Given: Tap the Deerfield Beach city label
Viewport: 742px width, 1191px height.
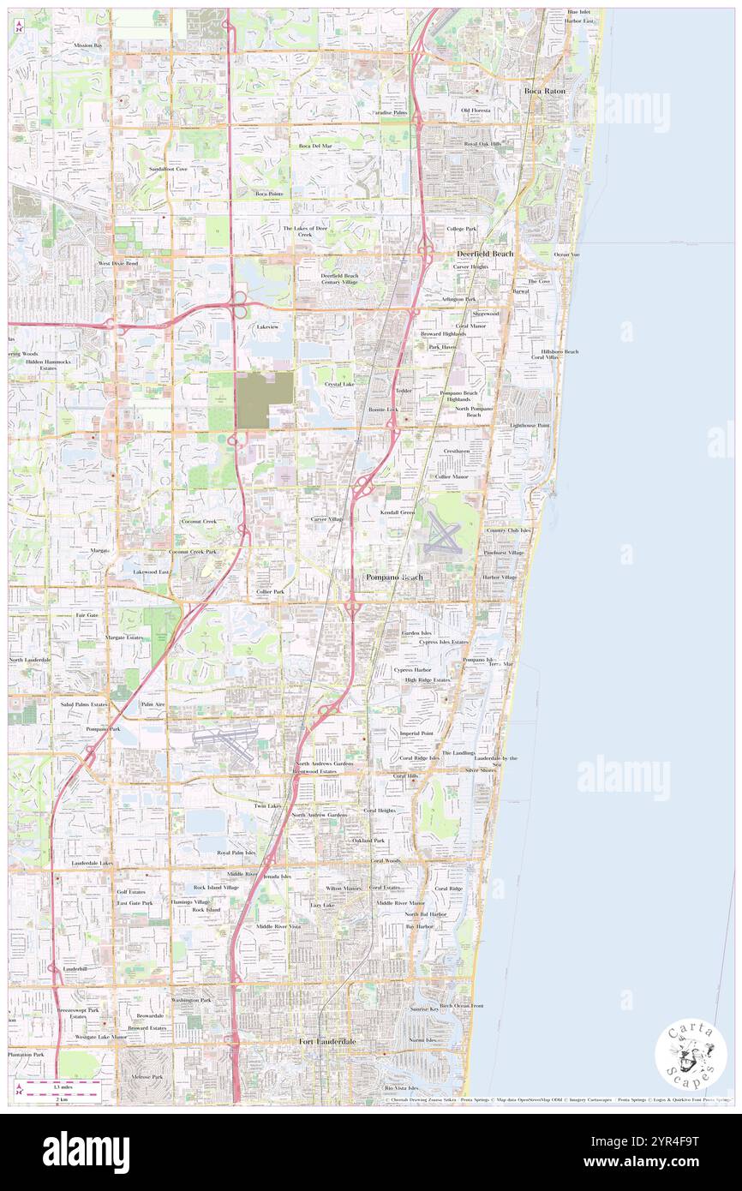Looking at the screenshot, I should (484, 254).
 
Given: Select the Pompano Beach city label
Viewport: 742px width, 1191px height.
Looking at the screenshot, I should (394, 578).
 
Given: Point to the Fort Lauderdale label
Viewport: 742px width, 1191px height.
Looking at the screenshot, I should (326, 1041).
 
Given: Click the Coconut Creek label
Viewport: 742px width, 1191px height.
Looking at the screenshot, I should (198, 521).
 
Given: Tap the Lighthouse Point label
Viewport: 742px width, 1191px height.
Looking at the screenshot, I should (530, 425).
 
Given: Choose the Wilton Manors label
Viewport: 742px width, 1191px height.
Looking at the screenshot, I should (344, 888).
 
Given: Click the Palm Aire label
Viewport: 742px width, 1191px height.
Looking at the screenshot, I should (153, 703).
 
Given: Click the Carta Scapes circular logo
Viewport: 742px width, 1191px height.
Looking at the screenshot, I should (691, 1056).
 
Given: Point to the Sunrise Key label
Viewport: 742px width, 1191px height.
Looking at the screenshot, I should (423, 1009).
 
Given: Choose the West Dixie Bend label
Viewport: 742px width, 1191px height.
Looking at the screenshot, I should (118, 263).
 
